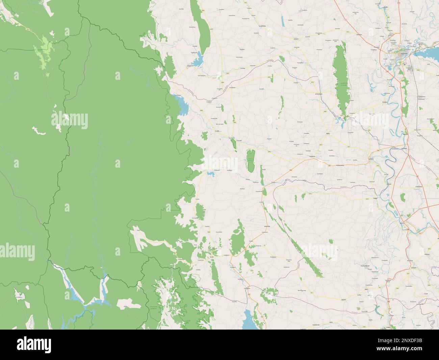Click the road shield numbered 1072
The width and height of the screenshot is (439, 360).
[x=357, y=33]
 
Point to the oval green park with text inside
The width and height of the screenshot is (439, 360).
[x=250, y=160]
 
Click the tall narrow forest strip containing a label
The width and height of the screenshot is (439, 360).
[x=342, y=81]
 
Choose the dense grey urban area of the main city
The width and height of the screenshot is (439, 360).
[x=402, y=53]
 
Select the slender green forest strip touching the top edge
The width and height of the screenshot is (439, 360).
[x=201, y=30]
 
